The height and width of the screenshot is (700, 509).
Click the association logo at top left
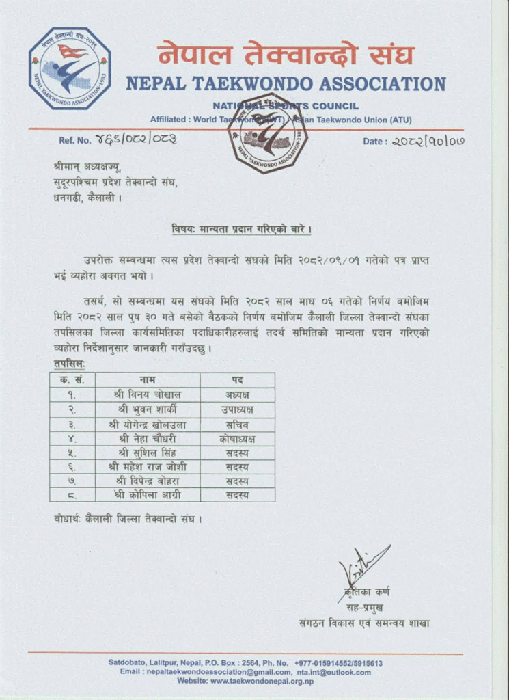[69, 68]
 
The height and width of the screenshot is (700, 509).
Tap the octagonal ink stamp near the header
[267, 133]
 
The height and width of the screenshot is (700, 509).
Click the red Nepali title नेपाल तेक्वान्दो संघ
[286, 54]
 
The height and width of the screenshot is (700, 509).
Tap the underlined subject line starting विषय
[240, 229]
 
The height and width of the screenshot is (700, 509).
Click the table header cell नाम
[148, 380]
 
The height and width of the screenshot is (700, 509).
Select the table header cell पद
[237, 380]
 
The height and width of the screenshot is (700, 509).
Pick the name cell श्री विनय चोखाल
[148, 394]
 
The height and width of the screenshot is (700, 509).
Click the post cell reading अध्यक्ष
[237, 394]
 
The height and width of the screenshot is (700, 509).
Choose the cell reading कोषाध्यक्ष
[237, 438]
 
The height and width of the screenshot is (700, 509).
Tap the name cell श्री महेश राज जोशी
[148, 467]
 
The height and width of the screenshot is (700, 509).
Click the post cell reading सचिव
[237, 424]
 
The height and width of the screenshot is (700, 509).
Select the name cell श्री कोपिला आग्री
[148, 495]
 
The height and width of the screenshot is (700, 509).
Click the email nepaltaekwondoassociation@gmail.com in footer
[215, 672]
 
